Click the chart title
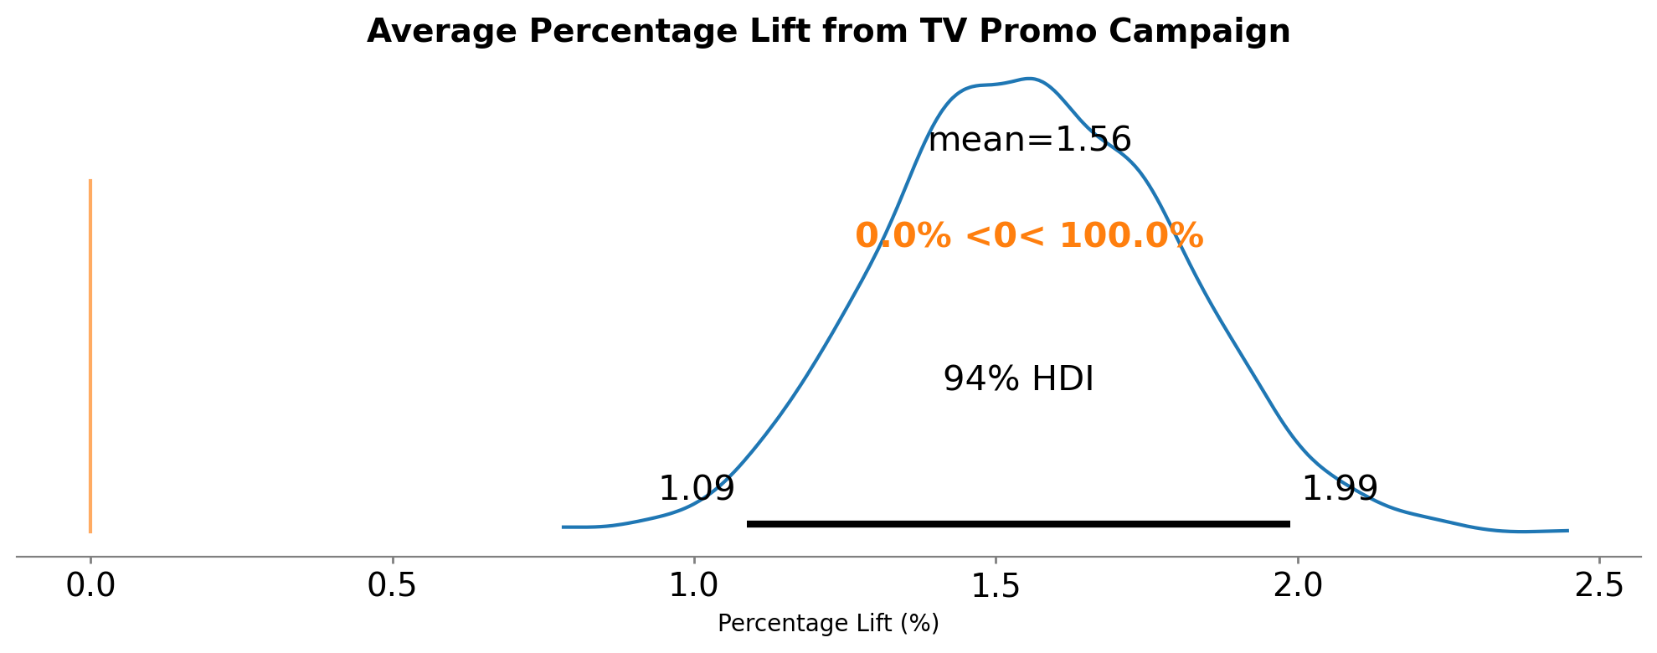(828, 32)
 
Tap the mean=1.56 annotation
(1030, 140)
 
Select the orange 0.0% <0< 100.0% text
(1029, 237)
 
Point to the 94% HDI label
(1018, 379)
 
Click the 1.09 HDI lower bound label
(697, 489)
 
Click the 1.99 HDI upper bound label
(1340, 489)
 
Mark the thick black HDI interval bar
(1018, 524)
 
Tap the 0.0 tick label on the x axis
(90, 586)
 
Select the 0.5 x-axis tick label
(393, 586)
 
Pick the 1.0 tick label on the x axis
(694, 586)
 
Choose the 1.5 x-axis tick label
(996, 586)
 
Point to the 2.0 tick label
(1298, 586)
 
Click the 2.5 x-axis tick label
(1599, 586)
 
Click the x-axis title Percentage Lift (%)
(828, 624)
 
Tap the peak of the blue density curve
(1031, 79)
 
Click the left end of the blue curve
(563, 527)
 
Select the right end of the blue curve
(1567, 531)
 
